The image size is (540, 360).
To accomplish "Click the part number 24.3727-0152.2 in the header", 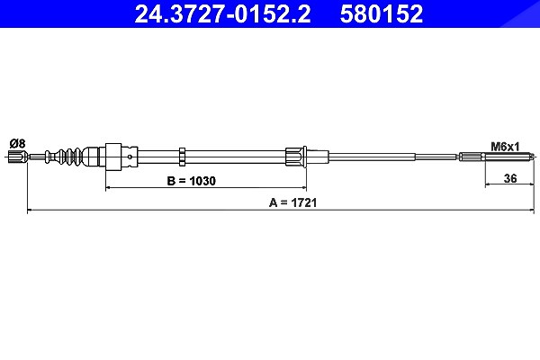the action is (x=222, y=13).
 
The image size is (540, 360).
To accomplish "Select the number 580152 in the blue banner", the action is (x=382, y=13).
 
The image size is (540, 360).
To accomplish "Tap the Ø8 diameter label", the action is (x=18, y=143).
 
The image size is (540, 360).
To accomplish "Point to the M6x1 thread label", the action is (x=505, y=147).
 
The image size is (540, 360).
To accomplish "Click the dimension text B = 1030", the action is (x=191, y=181).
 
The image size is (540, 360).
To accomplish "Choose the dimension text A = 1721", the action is (x=292, y=202).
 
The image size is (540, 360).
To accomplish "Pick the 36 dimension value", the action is (x=510, y=178).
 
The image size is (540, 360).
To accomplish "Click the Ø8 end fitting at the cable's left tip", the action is (x=17, y=157).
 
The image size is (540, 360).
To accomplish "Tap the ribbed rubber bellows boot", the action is (x=69, y=157).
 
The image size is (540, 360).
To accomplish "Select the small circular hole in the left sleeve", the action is (x=130, y=157).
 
